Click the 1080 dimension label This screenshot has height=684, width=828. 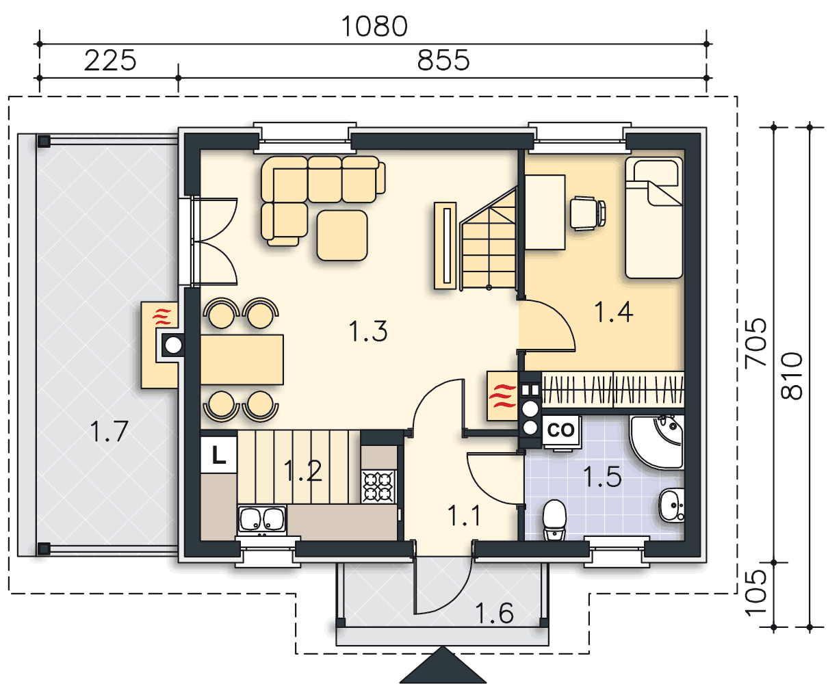[374, 27]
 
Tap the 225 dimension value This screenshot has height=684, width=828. [110, 61]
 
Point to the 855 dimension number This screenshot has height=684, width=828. [443, 61]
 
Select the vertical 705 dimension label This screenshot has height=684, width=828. [756, 342]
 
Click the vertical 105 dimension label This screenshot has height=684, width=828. [756, 593]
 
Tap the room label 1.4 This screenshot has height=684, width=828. [613, 312]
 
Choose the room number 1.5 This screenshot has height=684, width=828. [602, 477]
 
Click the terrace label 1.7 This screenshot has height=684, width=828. [109, 432]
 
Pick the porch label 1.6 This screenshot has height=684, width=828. [494, 613]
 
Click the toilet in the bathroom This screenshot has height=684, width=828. [554, 519]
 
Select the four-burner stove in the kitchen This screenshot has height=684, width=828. [378, 486]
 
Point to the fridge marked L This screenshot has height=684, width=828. [219, 454]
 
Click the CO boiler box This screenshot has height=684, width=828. [560, 431]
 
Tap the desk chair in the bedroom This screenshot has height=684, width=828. [588, 213]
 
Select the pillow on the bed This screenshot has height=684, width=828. [656, 172]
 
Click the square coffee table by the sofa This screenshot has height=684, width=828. [342, 235]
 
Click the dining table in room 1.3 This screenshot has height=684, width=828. [242, 360]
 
